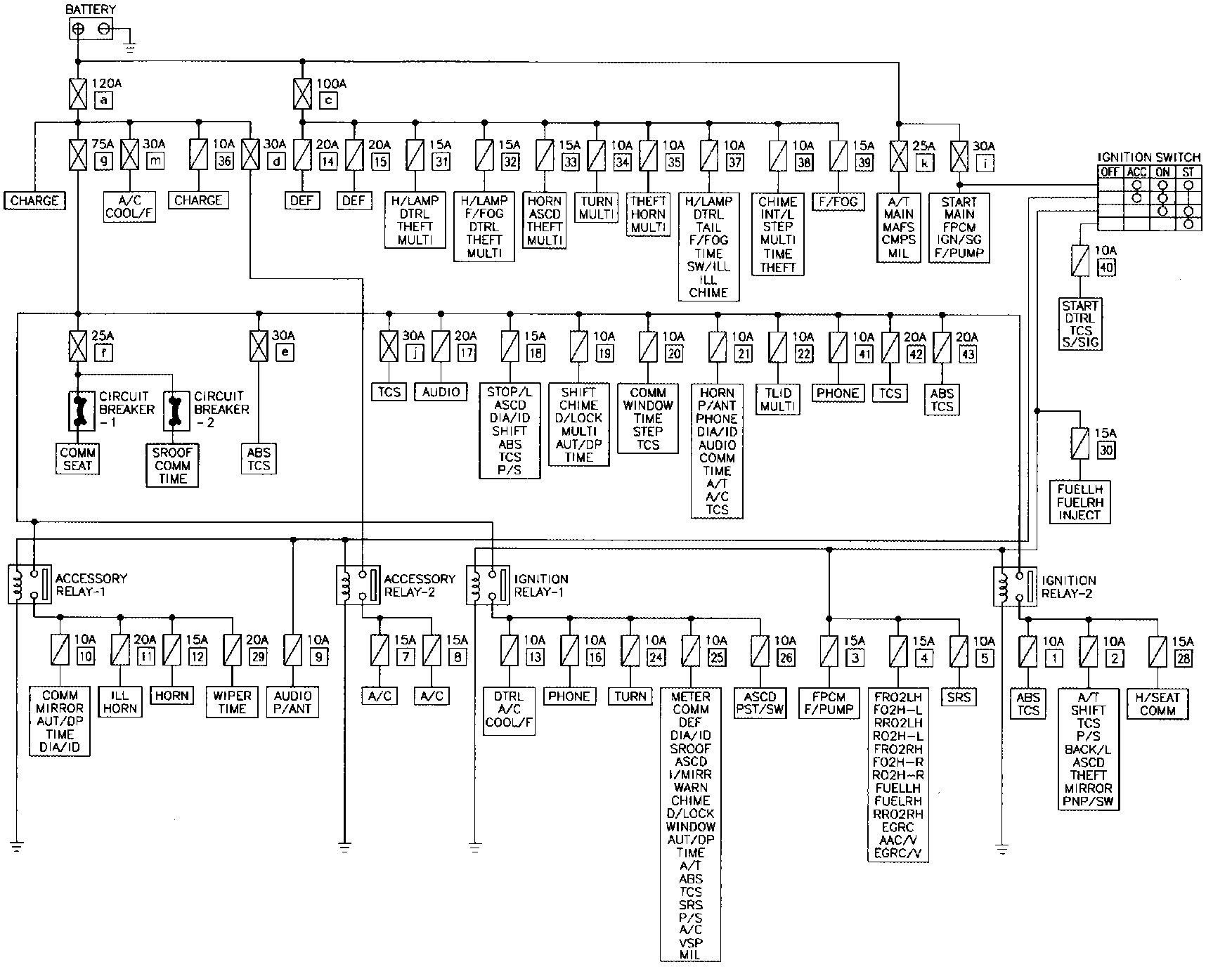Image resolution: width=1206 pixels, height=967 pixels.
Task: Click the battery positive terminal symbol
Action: click(x=78, y=29)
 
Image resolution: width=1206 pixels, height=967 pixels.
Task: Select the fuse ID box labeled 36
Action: click(x=224, y=160)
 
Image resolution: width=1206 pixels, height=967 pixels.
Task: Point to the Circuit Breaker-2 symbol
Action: click(x=173, y=411)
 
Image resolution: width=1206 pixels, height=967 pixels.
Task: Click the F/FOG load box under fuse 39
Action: click(x=838, y=202)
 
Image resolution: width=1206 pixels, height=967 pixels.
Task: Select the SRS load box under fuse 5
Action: click(x=959, y=696)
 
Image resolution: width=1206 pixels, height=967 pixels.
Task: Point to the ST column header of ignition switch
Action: click(x=1188, y=172)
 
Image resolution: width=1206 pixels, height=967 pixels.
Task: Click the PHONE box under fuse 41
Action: click(x=838, y=393)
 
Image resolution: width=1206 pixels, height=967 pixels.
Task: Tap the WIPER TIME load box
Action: click(x=232, y=702)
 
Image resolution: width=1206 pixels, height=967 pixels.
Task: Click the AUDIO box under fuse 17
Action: click(x=441, y=392)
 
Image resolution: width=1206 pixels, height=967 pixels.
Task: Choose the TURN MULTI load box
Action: click(x=597, y=207)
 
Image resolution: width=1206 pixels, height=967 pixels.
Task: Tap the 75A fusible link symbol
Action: click(x=78, y=154)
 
